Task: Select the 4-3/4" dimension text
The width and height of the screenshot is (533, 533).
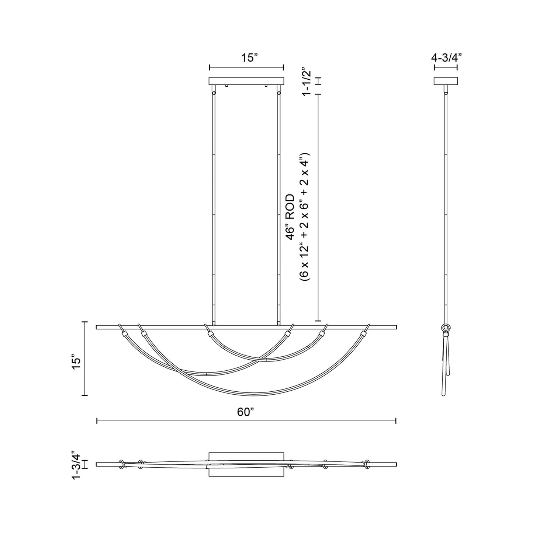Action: point(446,58)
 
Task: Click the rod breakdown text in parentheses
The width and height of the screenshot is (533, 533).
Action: point(307,218)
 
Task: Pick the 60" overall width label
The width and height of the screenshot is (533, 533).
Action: point(246,412)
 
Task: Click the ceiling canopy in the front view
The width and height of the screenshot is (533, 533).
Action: point(246,81)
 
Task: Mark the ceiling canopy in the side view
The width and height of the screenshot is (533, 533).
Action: point(446,81)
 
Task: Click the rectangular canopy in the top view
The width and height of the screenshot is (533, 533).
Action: point(246,464)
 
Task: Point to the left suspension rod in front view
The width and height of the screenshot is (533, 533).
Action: point(214,207)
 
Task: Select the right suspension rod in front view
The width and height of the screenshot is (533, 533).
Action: point(278,207)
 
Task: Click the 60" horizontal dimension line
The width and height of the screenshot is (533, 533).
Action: point(246,421)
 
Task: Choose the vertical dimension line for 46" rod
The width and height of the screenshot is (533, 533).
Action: point(318,207)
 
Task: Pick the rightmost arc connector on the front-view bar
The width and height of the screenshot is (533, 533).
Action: point(365,334)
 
